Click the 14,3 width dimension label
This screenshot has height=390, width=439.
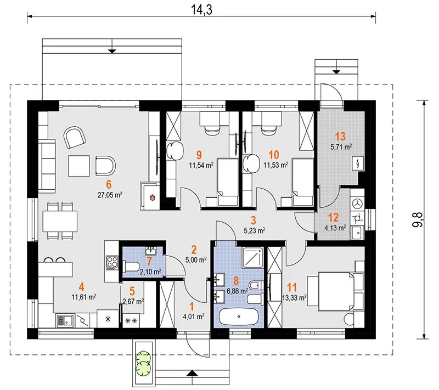click(201, 9)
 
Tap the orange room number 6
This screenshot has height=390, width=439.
click(109, 184)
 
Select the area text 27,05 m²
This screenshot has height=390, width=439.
click(110, 195)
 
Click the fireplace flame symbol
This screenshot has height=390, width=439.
click(153, 197)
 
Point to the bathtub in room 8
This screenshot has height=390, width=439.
click(239, 317)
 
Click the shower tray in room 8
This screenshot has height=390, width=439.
click(252, 257)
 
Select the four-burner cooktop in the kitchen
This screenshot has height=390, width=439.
click(112, 262)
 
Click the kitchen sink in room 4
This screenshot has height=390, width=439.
click(65, 321)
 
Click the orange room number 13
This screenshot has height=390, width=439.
click(340, 137)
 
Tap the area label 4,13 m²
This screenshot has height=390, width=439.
click(335, 228)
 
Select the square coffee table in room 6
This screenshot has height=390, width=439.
click(79, 166)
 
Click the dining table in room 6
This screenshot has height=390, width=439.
click(60, 221)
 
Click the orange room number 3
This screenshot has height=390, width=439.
click(253, 220)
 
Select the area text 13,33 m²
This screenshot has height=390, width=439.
click(294, 298)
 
